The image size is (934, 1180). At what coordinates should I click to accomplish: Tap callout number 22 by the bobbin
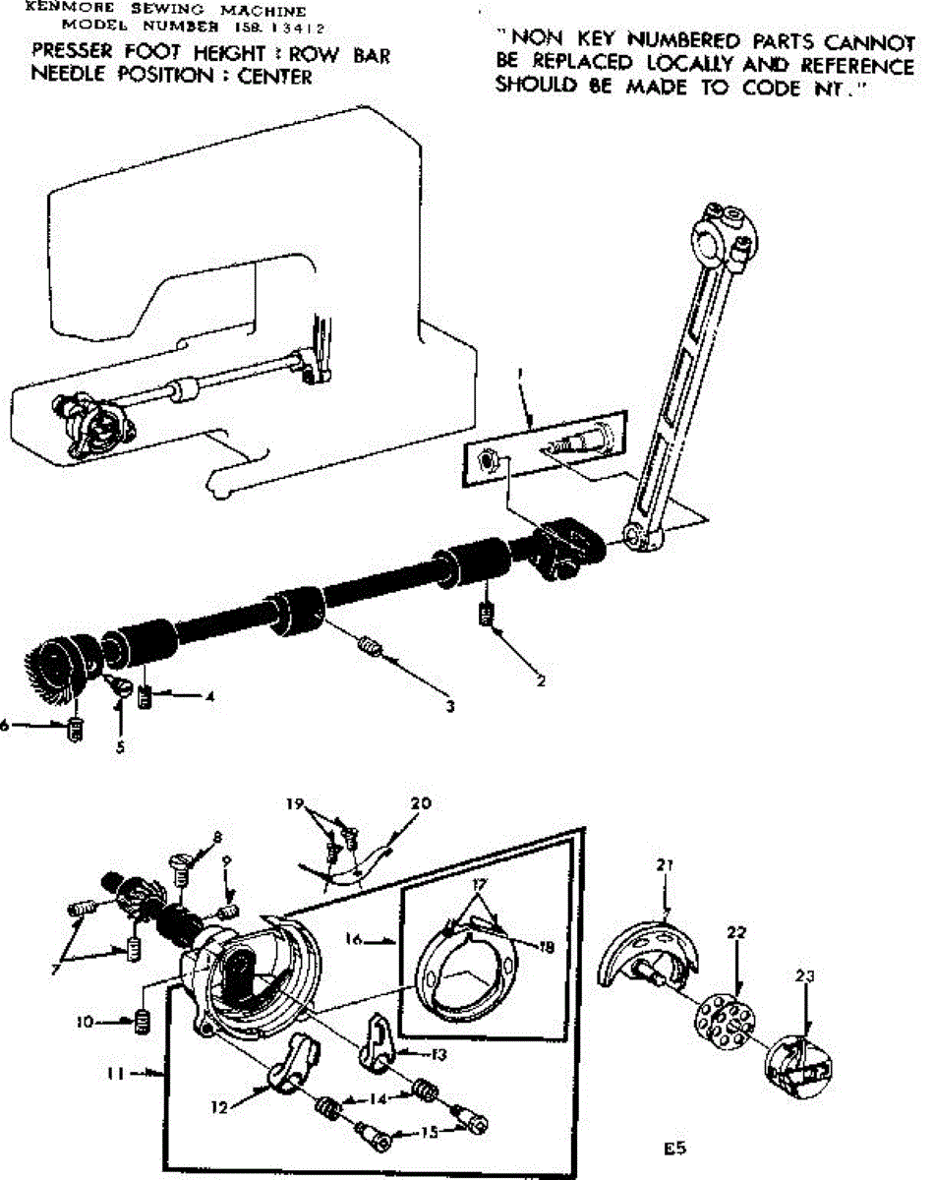click(x=736, y=931)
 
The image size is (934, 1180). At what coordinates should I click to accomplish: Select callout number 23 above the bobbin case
click(x=806, y=977)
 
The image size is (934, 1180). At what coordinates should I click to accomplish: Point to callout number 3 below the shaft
click(x=449, y=705)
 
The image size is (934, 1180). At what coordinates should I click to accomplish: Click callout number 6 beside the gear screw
click(x=6, y=726)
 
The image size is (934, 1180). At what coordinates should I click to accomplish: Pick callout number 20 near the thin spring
click(x=420, y=803)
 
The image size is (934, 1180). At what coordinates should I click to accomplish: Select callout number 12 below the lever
click(x=218, y=1106)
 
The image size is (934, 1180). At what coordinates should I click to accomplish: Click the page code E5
click(x=673, y=1148)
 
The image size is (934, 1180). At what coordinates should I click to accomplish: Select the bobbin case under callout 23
click(x=797, y=1066)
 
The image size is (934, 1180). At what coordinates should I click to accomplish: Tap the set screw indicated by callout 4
click(x=146, y=699)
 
